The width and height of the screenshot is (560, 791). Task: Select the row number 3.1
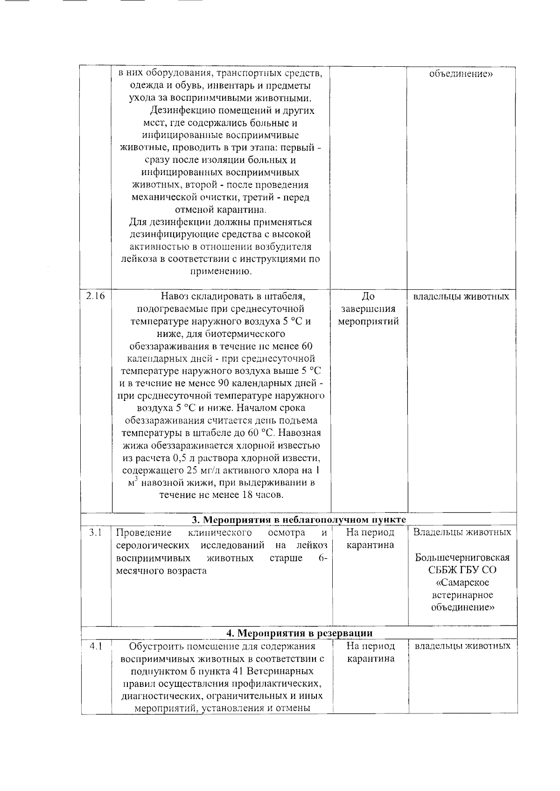click(x=96, y=532)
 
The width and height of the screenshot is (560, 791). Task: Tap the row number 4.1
click(x=96, y=646)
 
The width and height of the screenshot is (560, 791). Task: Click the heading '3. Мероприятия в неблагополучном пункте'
click(x=299, y=520)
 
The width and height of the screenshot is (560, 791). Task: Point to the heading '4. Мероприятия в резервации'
click(x=299, y=633)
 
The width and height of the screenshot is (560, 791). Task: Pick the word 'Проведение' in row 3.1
click(x=143, y=532)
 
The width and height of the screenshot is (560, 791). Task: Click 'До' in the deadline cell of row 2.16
click(x=368, y=296)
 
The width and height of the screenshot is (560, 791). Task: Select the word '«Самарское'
click(x=462, y=583)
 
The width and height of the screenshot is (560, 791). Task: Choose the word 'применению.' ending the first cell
click(x=221, y=272)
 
